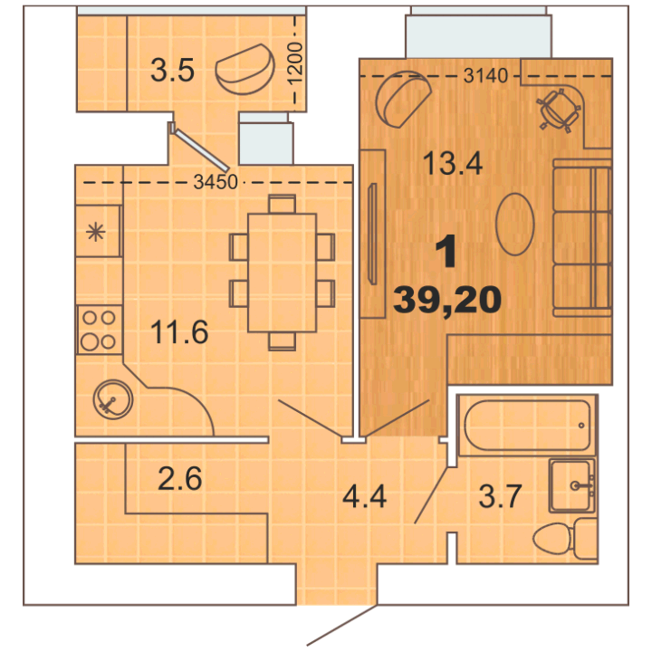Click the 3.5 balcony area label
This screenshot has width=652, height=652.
pyautogui.click(x=172, y=70)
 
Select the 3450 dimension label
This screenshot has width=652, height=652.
pyautogui.click(x=216, y=182)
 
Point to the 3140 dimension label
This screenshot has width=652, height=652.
pyautogui.click(x=485, y=76)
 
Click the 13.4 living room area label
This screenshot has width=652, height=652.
pyautogui.click(x=453, y=163)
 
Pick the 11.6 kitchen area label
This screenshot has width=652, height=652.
pyautogui.click(x=179, y=331)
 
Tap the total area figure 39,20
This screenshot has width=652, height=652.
pyautogui.click(x=447, y=301)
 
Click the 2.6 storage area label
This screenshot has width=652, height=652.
pyautogui.click(x=180, y=478)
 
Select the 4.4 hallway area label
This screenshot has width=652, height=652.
pyautogui.click(x=364, y=496)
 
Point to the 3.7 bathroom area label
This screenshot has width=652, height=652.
pyautogui.click(x=500, y=496)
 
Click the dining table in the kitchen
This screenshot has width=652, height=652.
pyautogui.click(x=282, y=273)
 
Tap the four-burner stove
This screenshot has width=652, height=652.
pyautogui.click(x=99, y=330)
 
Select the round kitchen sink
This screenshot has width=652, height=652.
pyautogui.click(x=112, y=399)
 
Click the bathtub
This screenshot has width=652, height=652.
pyautogui.click(x=527, y=425)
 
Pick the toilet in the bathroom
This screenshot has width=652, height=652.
pyautogui.click(x=565, y=539)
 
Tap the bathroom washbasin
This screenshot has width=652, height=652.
pyautogui.click(x=572, y=485)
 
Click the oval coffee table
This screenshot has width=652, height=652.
pyautogui.click(x=514, y=224)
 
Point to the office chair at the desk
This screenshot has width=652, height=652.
pyautogui.click(x=559, y=110)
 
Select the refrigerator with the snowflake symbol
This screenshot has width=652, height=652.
pyautogui.click(x=98, y=231)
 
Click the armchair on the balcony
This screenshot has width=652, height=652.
pyautogui.click(x=244, y=69)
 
